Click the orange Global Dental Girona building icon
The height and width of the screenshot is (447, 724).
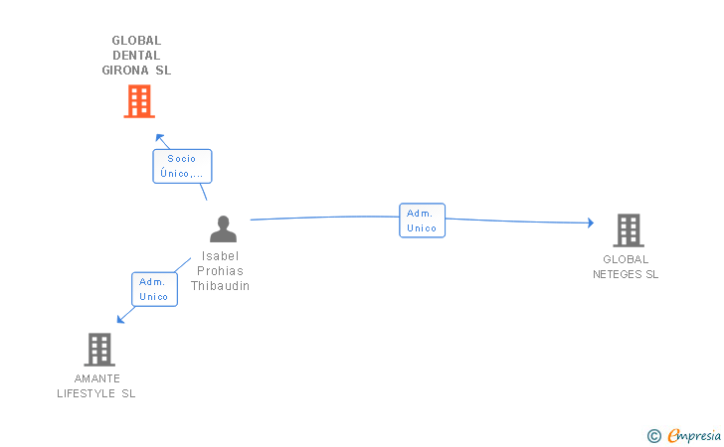(x=139, y=101)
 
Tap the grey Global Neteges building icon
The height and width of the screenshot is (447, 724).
(x=628, y=230)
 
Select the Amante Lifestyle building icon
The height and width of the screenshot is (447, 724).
(x=98, y=350)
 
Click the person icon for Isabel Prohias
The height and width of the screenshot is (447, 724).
(x=223, y=229)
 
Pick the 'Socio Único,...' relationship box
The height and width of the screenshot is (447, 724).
(x=182, y=166)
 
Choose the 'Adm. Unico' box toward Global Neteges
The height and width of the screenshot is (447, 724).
(x=422, y=221)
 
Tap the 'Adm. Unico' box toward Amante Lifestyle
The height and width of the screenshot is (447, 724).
(x=154, y=289)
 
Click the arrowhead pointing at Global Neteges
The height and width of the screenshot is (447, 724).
(x=590, y=223)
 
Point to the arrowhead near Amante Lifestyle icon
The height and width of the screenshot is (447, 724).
(x=121, y=318)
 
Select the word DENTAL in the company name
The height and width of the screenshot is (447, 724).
(x=136, y=56)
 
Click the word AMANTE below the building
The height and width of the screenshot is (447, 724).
(x=96, y=378)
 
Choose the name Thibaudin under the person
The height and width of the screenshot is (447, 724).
(x=221, y=286)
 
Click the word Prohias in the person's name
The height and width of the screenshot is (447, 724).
(x=221, y=270)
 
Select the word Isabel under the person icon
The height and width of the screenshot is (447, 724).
(x=221, y=255)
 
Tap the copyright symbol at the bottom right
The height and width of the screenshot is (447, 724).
(x=653, y=435)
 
